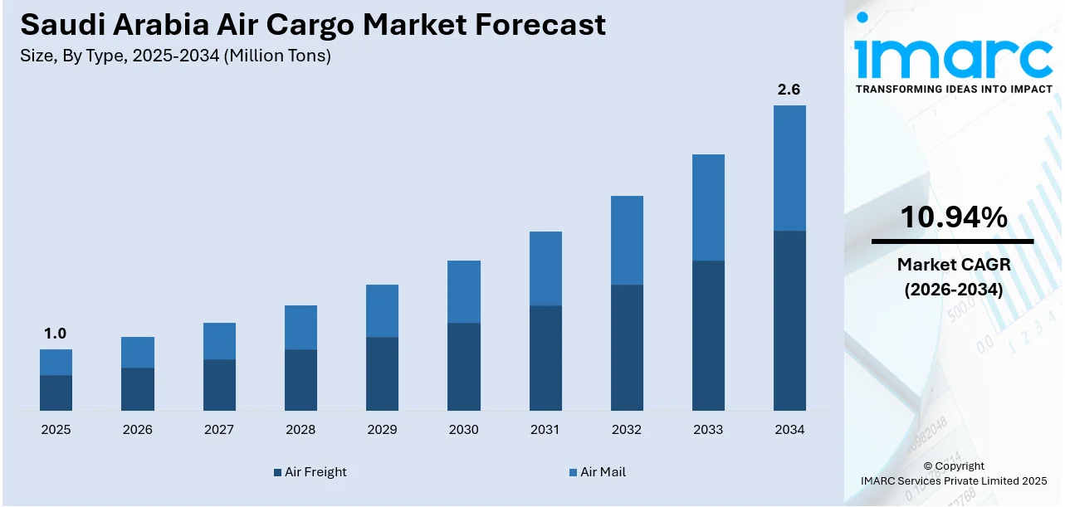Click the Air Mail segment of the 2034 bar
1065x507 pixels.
(789, 168)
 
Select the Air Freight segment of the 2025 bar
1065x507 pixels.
(56, 392)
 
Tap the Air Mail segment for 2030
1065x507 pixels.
(463, 291)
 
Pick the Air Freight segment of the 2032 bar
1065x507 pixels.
(627, 347)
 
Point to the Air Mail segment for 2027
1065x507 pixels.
(219, 341)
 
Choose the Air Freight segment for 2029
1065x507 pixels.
(382, 373)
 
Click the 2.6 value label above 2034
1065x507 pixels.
(789, 90)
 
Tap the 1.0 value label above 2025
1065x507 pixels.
(56, 334)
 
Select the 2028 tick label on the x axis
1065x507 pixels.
(300, 429)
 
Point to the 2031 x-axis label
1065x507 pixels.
(545, 429)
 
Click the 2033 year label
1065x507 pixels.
(708, 429)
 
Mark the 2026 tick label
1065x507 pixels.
(137, 429)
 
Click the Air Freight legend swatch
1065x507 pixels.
(277, 472)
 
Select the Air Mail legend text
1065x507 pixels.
(603, 472)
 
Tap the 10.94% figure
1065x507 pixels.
(954, 217)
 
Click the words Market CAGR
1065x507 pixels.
(954, 265)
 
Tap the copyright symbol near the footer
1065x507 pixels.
(928, 466)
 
